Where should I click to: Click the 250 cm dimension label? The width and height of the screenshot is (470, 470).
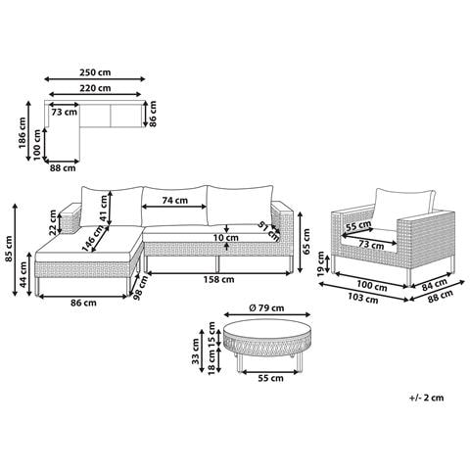pos(95,72)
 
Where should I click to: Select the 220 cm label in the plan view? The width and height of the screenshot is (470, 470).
pos(95,88)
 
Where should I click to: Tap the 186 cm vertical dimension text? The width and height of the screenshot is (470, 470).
pos(23,133)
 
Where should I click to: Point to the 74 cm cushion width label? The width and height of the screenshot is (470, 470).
pos(175,200)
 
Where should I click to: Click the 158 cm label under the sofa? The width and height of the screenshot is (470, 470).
pos(218,279)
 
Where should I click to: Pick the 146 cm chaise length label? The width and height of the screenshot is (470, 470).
pos(94,238)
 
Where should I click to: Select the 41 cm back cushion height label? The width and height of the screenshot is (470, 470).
pos(104,209)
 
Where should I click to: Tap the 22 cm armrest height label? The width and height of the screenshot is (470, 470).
pos(53,222)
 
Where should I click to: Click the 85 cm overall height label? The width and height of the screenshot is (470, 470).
pos(9,249)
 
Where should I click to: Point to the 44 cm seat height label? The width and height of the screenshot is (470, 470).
pos(23,274)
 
